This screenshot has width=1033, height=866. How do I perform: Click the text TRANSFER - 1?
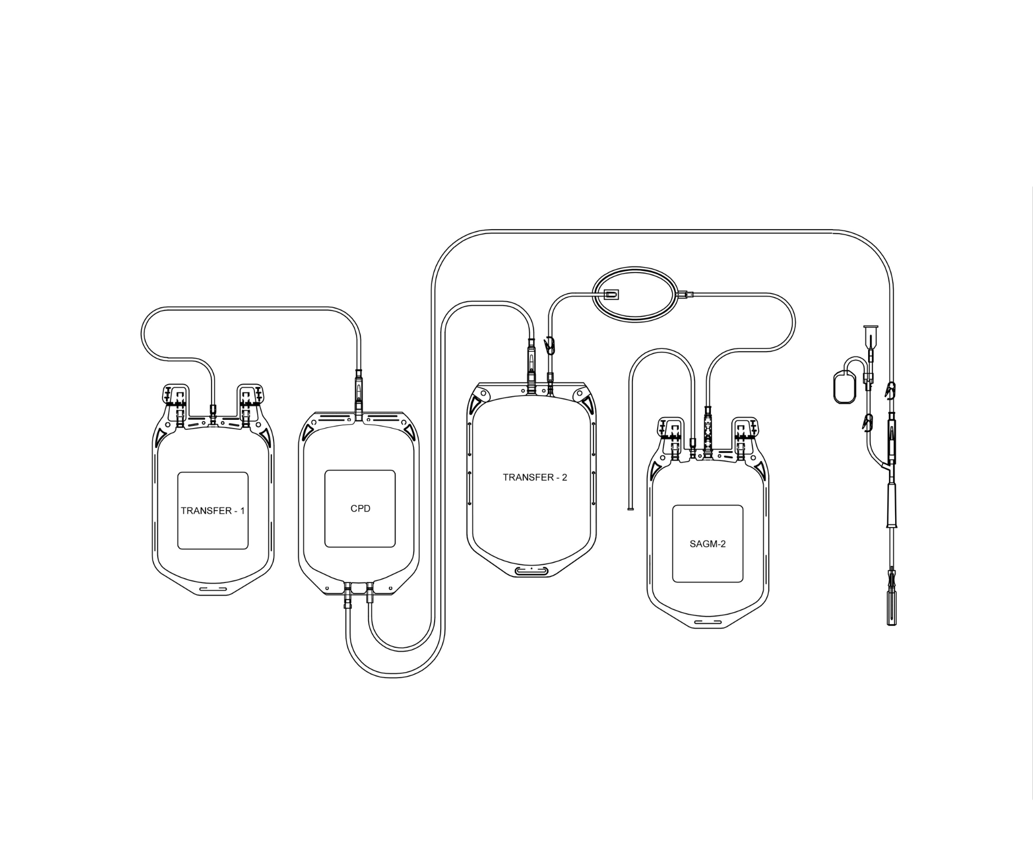click(213, 511)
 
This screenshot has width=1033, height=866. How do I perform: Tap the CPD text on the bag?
click(360, 509)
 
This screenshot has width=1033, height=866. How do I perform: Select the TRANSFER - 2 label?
click(535, 478)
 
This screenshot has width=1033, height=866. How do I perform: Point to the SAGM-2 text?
click(708, 544)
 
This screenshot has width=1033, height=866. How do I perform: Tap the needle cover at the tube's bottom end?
click(891, 608)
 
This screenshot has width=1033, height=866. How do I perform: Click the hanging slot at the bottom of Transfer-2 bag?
click(531, 572)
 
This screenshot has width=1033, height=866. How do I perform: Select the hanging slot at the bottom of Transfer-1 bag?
click(213, 590)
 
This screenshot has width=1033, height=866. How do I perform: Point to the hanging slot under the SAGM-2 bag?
click(708, 622)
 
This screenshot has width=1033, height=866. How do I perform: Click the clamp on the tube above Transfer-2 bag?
click(550, 346)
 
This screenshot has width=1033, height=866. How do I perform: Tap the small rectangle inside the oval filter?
click(610, 295)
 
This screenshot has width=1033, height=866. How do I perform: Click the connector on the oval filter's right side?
click(686, 295)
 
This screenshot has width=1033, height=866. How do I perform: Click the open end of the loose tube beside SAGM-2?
click(630, 509)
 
